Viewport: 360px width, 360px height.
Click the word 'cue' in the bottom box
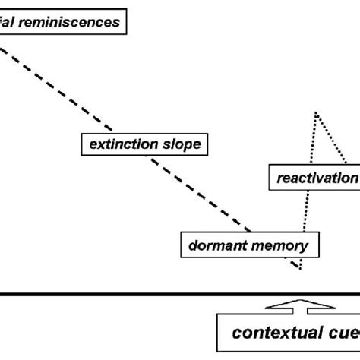point(345,333)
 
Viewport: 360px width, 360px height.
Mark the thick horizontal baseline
point(180,292)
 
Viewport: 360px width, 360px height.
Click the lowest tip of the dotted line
point(301,269)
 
